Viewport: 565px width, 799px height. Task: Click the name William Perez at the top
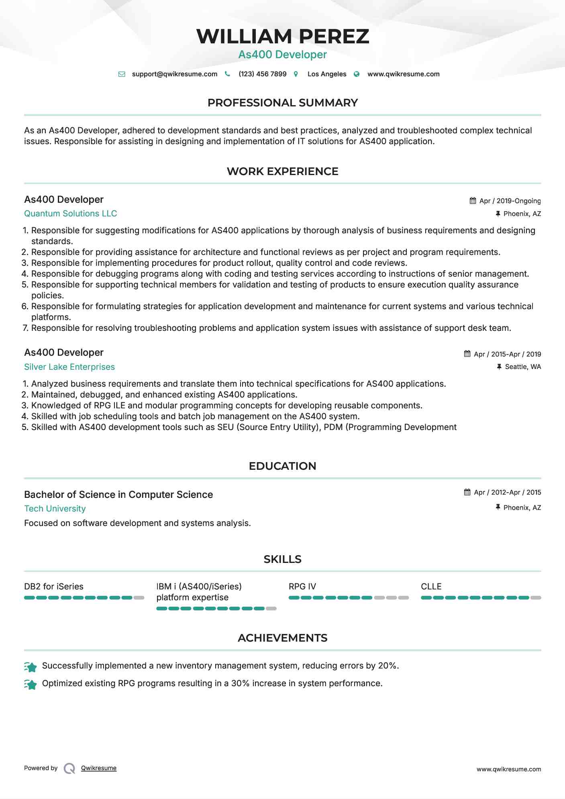point(282,36)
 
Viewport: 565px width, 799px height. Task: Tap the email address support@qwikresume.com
point(174,74)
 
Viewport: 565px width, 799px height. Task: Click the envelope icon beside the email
point(122,74)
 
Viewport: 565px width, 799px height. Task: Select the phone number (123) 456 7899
point(262,74)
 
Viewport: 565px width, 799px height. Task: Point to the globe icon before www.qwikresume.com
point(357,74)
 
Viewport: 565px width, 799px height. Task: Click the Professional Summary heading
point(282,103)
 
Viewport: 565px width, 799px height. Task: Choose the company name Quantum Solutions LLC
point(70,214)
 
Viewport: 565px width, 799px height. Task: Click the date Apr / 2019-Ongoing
point(510,201)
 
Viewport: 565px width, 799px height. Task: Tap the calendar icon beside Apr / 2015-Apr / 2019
point(467,354)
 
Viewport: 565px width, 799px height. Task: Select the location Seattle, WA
point(522,367)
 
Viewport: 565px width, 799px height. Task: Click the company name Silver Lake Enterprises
point(69,367)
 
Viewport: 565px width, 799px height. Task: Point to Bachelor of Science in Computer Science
point(118,495)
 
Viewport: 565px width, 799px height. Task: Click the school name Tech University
point(55,509)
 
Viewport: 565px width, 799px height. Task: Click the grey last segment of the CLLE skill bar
point(536,598)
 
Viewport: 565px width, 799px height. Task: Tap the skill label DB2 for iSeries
point(54,587)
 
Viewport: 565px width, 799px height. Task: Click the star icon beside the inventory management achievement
point(31,667)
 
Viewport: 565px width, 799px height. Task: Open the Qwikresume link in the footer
point(98,768)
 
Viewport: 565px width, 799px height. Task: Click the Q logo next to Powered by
point(69,768)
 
